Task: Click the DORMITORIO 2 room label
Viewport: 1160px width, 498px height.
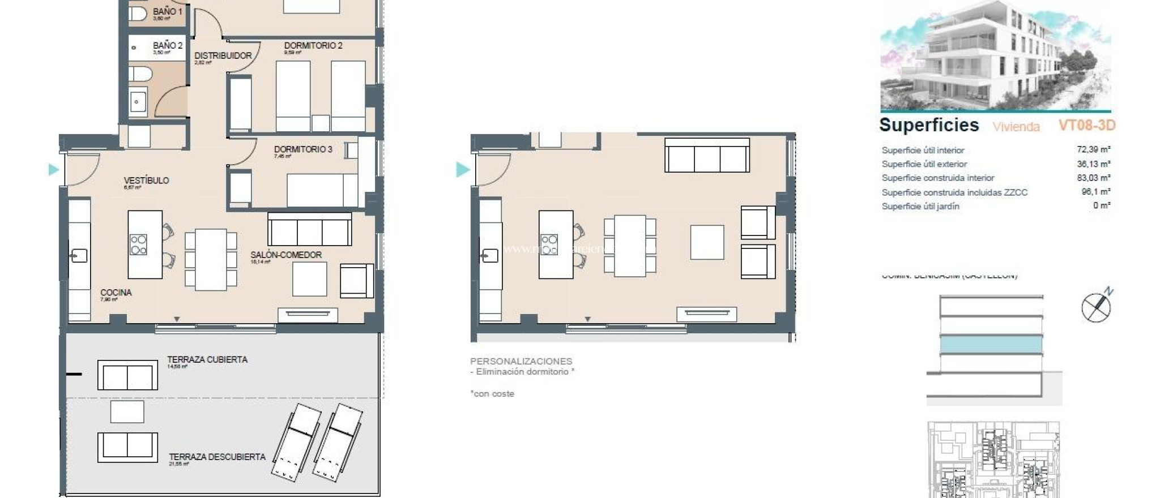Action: click(313, 45)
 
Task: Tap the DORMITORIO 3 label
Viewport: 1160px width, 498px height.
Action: click(302, 149)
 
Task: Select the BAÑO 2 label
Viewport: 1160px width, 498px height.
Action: click(167, 45)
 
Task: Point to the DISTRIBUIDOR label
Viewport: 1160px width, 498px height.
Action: click(223, 55)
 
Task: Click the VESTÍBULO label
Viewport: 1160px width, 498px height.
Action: click(146, 181)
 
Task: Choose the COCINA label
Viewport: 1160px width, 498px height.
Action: click(116, 293)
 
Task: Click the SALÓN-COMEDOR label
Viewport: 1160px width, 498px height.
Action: click(285, 255)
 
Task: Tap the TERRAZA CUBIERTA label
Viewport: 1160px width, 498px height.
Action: click(207, 359)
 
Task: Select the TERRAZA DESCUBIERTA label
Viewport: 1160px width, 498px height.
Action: click(217, 457)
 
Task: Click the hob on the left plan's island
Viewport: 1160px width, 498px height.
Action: click(139, 244)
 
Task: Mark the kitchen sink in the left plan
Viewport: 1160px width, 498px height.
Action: click(79, 256)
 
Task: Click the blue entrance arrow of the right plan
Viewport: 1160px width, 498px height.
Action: click(463, 169)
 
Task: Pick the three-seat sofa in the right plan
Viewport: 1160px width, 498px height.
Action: click(706, 156)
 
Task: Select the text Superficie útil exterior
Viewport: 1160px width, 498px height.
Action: click(924, 164)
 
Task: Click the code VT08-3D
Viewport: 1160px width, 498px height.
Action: click(1086, 125)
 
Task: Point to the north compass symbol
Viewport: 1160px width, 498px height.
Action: click(1096, 307)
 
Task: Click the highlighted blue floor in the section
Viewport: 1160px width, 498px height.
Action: click(991, 344)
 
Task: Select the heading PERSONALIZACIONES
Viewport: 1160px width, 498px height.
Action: click(521, 361)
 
